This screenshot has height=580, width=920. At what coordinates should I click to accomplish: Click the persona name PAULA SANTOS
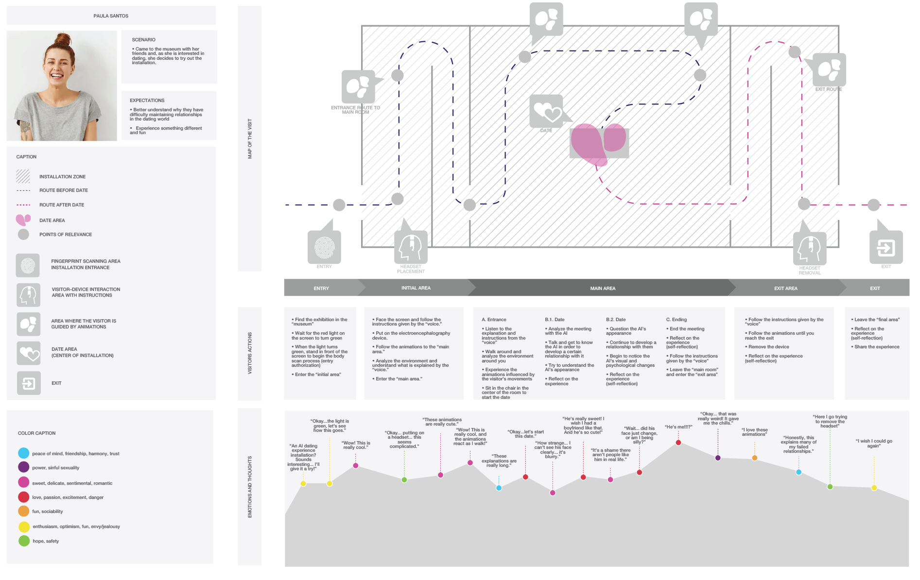[111, 16]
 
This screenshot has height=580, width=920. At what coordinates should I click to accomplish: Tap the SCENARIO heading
[143, 40]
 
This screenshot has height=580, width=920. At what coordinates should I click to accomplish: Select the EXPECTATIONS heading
[147, 101]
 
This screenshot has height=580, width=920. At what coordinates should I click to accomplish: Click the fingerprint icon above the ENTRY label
[324, 247]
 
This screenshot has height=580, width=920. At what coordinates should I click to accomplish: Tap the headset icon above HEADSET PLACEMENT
[411, 247]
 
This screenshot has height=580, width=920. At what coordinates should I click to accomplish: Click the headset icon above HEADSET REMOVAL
[810, 249]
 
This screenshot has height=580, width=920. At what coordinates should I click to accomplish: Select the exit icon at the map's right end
[885, 248]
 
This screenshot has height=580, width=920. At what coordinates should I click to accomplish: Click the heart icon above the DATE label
[546, 111]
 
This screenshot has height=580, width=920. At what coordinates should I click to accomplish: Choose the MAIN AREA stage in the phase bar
[603, 289]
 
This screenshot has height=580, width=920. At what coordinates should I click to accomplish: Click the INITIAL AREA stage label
[416, 288]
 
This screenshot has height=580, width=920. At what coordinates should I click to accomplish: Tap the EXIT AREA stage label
[785, 289]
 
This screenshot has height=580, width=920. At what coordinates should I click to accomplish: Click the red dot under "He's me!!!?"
[678, 443]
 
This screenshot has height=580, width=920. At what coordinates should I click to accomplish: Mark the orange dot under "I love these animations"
[754, 458]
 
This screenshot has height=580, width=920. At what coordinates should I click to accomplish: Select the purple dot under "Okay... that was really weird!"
[718, 458]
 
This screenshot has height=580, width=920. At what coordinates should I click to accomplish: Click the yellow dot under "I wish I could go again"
[874, 488]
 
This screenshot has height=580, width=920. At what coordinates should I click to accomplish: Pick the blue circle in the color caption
[24, 453]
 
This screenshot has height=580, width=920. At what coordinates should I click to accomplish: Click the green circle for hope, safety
[24, 541]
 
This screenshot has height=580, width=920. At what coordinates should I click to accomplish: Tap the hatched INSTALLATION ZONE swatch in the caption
[23, 176]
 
